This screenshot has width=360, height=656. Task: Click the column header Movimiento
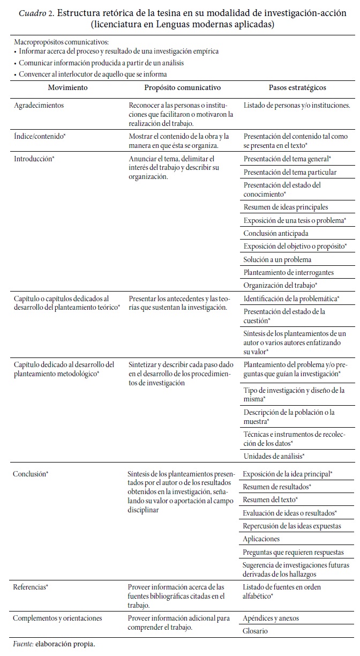click(67, 87)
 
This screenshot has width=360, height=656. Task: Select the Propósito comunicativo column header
click(182, 87)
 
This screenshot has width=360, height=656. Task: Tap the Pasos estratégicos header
click(297, 87)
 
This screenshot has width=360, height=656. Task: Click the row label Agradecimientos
click(39, 106)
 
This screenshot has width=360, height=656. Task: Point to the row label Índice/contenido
click(39, 137)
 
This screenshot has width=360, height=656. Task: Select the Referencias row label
click(31, 587)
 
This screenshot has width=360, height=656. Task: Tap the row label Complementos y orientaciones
click(57, 618)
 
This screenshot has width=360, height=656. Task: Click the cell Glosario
click(256, 631)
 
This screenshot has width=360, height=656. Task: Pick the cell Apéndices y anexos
click(271, 618)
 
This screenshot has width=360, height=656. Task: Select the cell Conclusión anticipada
click(276, 233)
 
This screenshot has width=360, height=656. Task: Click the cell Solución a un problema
click(277, 259)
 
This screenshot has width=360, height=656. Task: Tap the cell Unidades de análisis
click(274, 456)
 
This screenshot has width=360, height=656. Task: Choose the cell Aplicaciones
click(261, 539)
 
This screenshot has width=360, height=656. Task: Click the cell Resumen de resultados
click(277, 487)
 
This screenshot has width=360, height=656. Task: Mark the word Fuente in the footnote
click(22, 643)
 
